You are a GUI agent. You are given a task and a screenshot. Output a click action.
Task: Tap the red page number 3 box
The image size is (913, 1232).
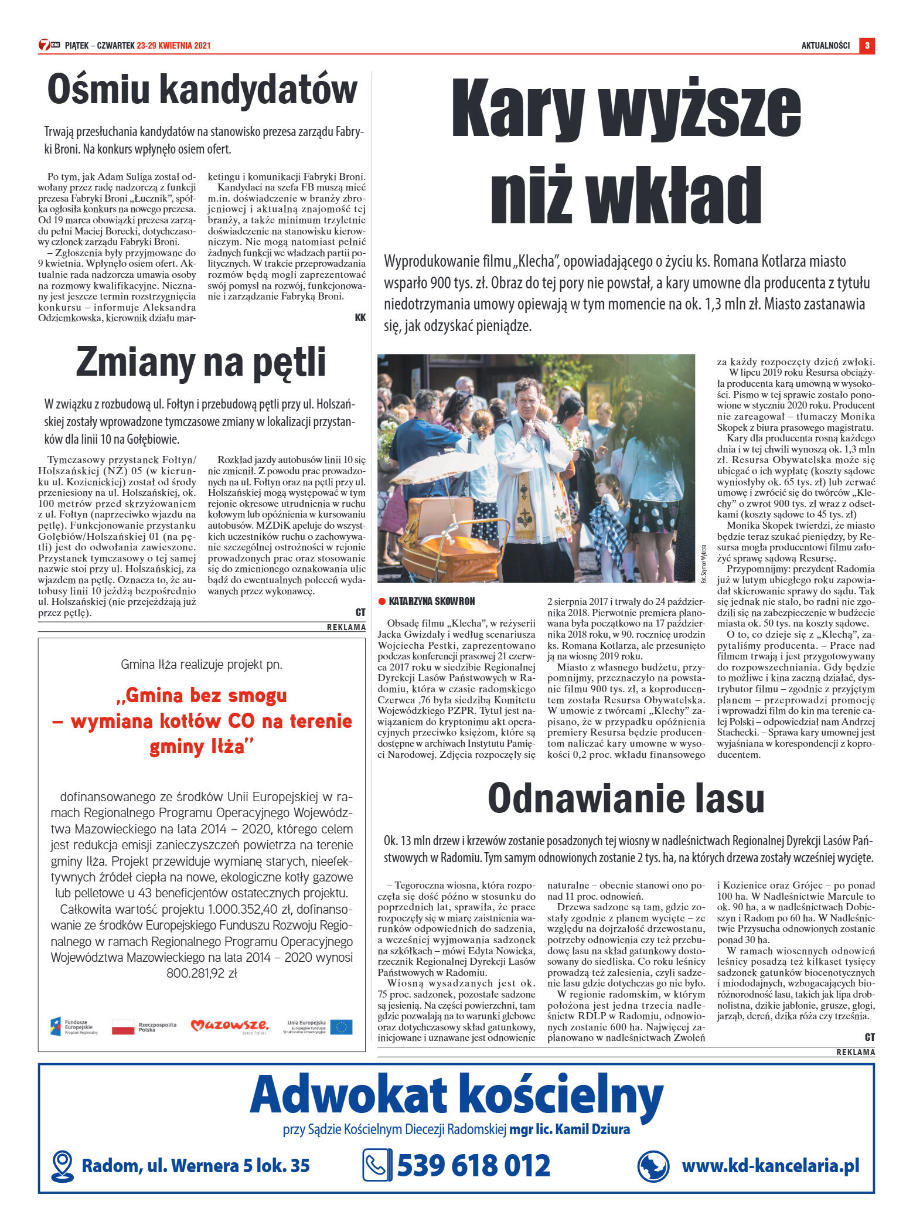(867, 45)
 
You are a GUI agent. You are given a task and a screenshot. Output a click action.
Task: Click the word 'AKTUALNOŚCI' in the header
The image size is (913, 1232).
(825, 46)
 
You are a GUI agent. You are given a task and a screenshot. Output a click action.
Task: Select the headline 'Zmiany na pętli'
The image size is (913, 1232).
(201, 362)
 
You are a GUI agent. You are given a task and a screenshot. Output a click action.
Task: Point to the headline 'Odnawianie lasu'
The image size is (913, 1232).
(626, 798)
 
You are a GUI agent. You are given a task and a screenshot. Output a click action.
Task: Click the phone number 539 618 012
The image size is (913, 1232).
(473, 1165)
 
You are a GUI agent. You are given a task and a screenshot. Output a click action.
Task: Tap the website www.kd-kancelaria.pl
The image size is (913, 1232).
(771, 1165)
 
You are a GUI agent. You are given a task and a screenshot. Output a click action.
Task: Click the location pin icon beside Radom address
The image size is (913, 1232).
(62, 1166)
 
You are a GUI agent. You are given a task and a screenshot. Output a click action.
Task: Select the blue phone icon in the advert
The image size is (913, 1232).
(376, 1165)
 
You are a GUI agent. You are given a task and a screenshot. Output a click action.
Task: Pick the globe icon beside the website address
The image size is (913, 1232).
(653, 1166)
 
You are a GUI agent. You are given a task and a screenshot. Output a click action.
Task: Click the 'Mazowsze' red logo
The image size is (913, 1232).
(230, 1026)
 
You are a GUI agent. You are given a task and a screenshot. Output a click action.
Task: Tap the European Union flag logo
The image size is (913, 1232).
(341, 1026)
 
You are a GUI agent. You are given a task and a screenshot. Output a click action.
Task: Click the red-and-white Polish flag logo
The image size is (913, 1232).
(123, 1026)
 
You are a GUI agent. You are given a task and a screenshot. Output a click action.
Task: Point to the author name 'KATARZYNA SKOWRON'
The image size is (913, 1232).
(431, 601)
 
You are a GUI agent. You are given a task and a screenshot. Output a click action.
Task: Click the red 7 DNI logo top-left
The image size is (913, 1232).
(49, 45)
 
